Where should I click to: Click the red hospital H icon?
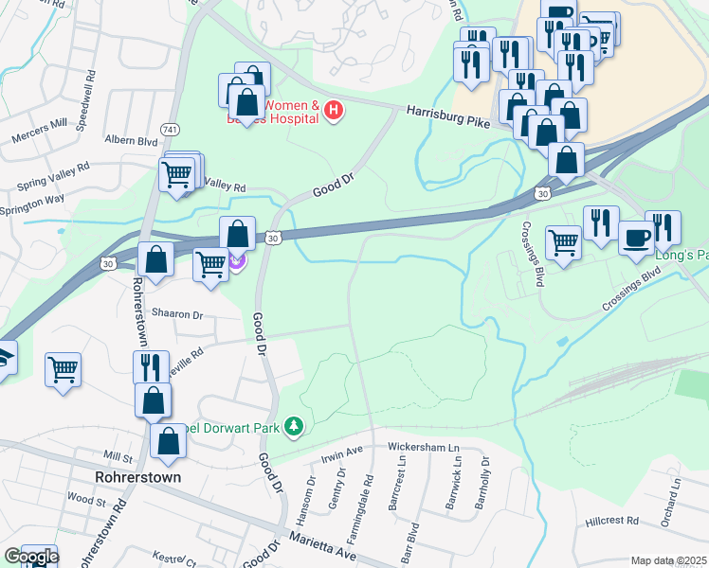334,111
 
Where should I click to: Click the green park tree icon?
295,428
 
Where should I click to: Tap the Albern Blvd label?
131,140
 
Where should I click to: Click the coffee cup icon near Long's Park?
635,237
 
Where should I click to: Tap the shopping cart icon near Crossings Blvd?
564,243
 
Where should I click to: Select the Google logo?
30,557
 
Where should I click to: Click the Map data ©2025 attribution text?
668,560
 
